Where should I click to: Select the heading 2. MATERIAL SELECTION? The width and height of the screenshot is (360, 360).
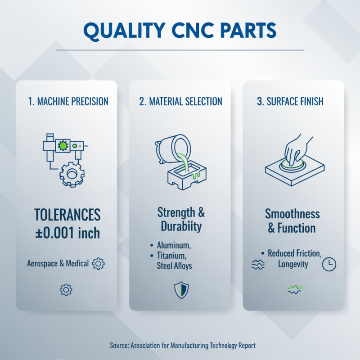click(180, 101)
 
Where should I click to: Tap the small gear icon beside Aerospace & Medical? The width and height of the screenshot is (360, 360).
click(98, 263)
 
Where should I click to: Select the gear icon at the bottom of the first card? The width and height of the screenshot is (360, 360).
click(66, 290)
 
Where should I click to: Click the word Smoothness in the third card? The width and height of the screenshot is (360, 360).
click(292, 213)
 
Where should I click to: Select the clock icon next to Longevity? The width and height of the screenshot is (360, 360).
click(329, 265)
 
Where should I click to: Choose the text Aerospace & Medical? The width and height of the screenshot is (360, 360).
click(58, 263)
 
